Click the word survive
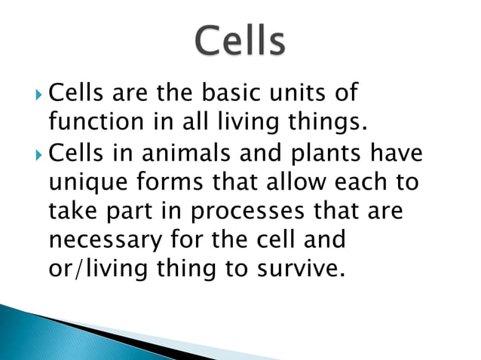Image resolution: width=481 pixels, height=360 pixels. [x=296, y=268]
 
